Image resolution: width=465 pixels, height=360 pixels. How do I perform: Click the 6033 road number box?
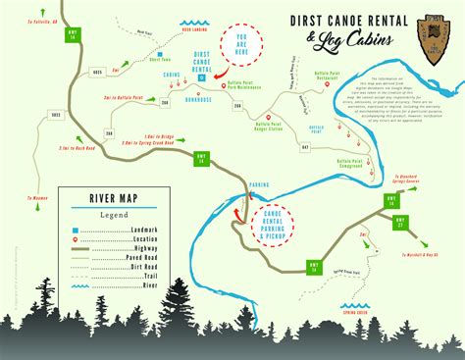[x=57, y=116]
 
